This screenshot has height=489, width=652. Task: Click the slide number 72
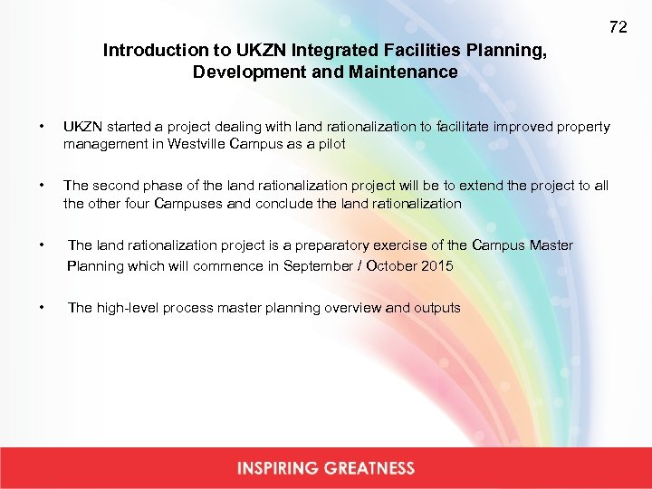pyautogui.click(x=618, y=27)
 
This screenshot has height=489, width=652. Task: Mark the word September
pyautogui.click(x=316, y=265)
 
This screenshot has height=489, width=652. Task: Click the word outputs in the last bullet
pyautogui.click(x=437, y=308)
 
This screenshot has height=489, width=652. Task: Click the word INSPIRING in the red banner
pyautogui.click(x=278, y=468)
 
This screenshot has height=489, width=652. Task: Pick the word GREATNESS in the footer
pyautogui.click(x=369, y=468)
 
